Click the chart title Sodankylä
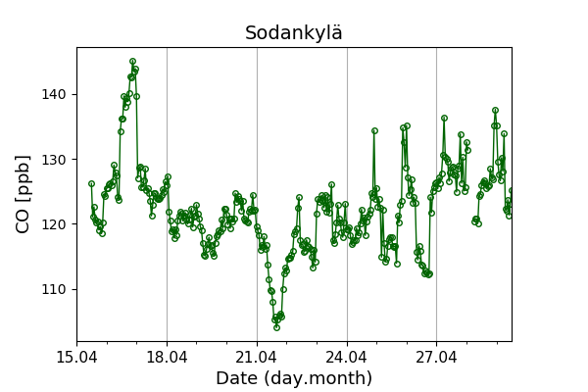[x=294, y=33]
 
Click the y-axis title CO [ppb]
[x=24, y=194]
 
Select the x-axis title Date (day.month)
[x=294, y=378]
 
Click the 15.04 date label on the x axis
[x=76, y=356]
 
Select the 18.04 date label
[x=167, y=356]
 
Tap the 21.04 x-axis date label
[x=257, y=356]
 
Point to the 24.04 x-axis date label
[x=347, y=356]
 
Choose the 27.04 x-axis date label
[x=436, y=356]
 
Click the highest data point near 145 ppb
[x=132, y=62]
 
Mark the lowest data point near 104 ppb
[x=276, y=327]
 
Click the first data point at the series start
[x=91, y=184]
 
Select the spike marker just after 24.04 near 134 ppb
[x=374, y=130]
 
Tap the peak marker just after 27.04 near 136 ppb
[x=444, y=119]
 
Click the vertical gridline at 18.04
[x=167, y=245]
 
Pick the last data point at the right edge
[x=511, y=191]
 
